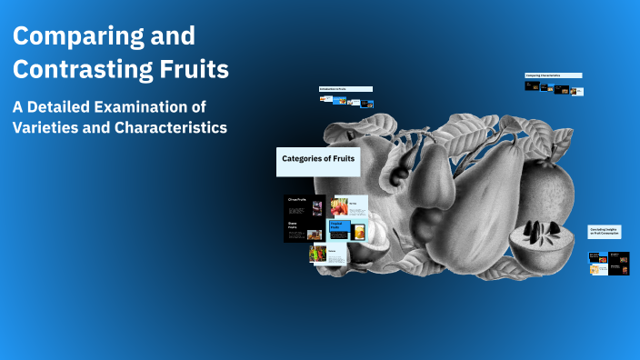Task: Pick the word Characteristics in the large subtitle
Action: point(170,127)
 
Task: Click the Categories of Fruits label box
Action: point(318,161)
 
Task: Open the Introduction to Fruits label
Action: point(345,88)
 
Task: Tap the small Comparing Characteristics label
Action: point(553,75)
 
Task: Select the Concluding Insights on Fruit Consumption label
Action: point(604,232)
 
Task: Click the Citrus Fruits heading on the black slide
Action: point(298,199)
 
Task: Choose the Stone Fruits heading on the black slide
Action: point(295,225)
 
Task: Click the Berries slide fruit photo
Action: point(339,206)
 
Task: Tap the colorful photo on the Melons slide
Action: point(318,255)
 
